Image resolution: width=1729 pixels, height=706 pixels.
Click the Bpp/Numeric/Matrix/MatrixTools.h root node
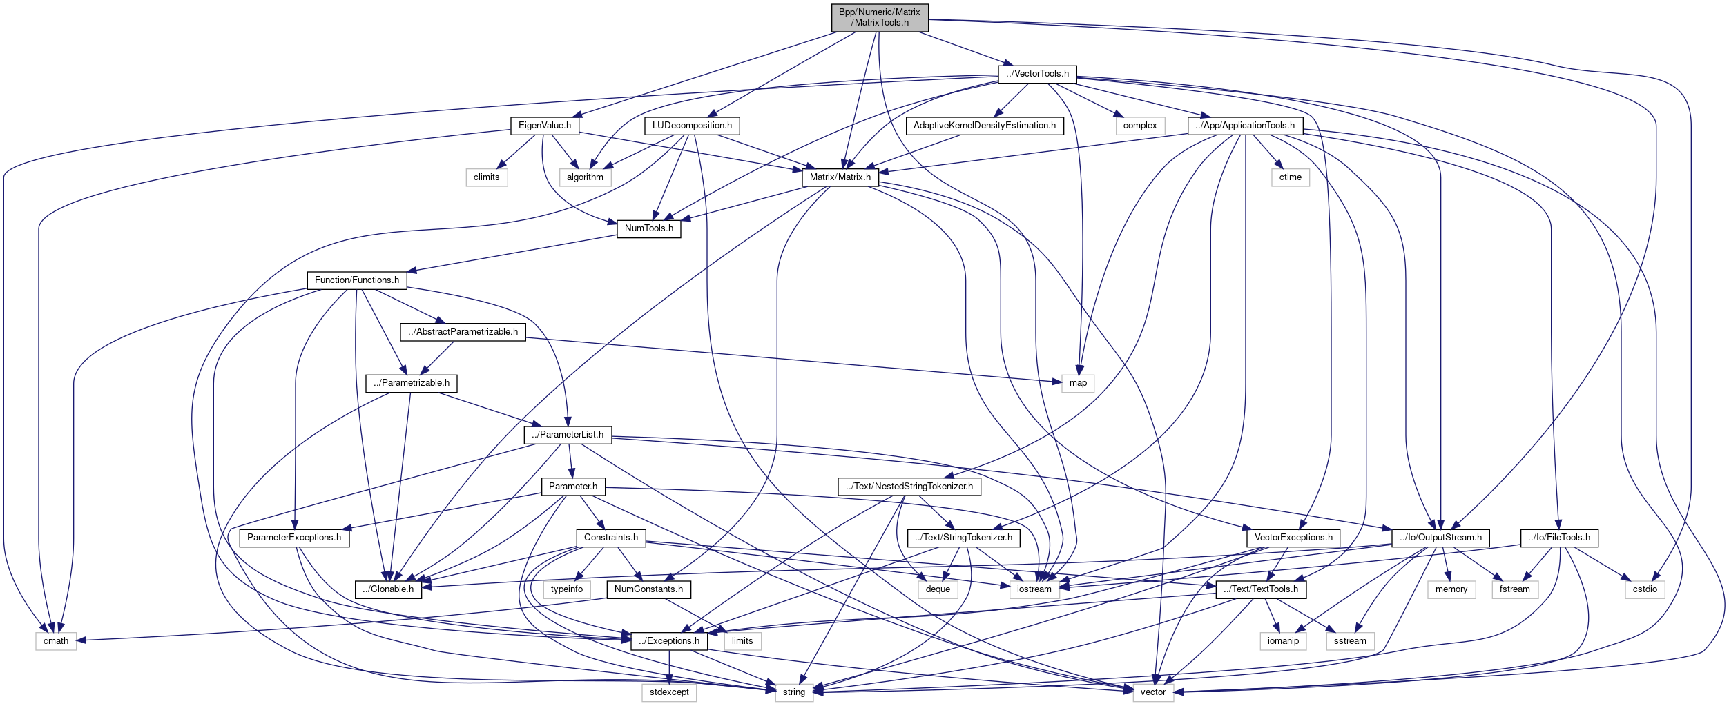click(x=879, y=17)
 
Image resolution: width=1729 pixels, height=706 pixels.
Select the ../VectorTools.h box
click(x=1036, y=74)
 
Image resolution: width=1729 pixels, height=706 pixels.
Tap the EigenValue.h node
click(x=544, y=126)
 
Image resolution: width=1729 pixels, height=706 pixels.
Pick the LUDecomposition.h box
click(x=691, y=126)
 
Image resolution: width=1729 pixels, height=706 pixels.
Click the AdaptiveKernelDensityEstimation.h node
click(x=984, y=126)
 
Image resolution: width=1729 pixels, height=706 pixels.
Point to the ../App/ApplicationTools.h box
click(x=1244, y=126)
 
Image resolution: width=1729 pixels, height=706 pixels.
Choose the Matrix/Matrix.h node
click(x=840, y=177)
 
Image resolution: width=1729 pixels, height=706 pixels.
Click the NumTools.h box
click(x=648, y=228)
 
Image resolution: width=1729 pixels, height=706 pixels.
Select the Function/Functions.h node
click(x=356, y=280)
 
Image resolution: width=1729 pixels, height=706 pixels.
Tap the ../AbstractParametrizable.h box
click(x=463, y=332)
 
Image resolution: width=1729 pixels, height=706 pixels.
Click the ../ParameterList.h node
click(x=567, y=435)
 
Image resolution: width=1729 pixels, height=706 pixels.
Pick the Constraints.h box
click(x=610, y=538)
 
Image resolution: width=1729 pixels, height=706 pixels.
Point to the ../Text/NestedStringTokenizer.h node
click(x=909, y=487)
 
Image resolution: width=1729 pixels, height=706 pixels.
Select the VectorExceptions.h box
click(x=1293, y=538)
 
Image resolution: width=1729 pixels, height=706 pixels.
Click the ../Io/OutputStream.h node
click(x=1440, y=538)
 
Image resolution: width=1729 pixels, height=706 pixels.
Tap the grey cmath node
click(x=56, y=641)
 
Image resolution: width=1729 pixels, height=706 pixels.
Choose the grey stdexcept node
click(x=668, y=692)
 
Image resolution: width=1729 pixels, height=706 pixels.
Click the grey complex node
click(x=1139, y=126)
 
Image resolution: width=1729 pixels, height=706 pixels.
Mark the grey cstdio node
click(x=1644, y=589)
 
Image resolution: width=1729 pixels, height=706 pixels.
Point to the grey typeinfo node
click(x=566, y=589)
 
